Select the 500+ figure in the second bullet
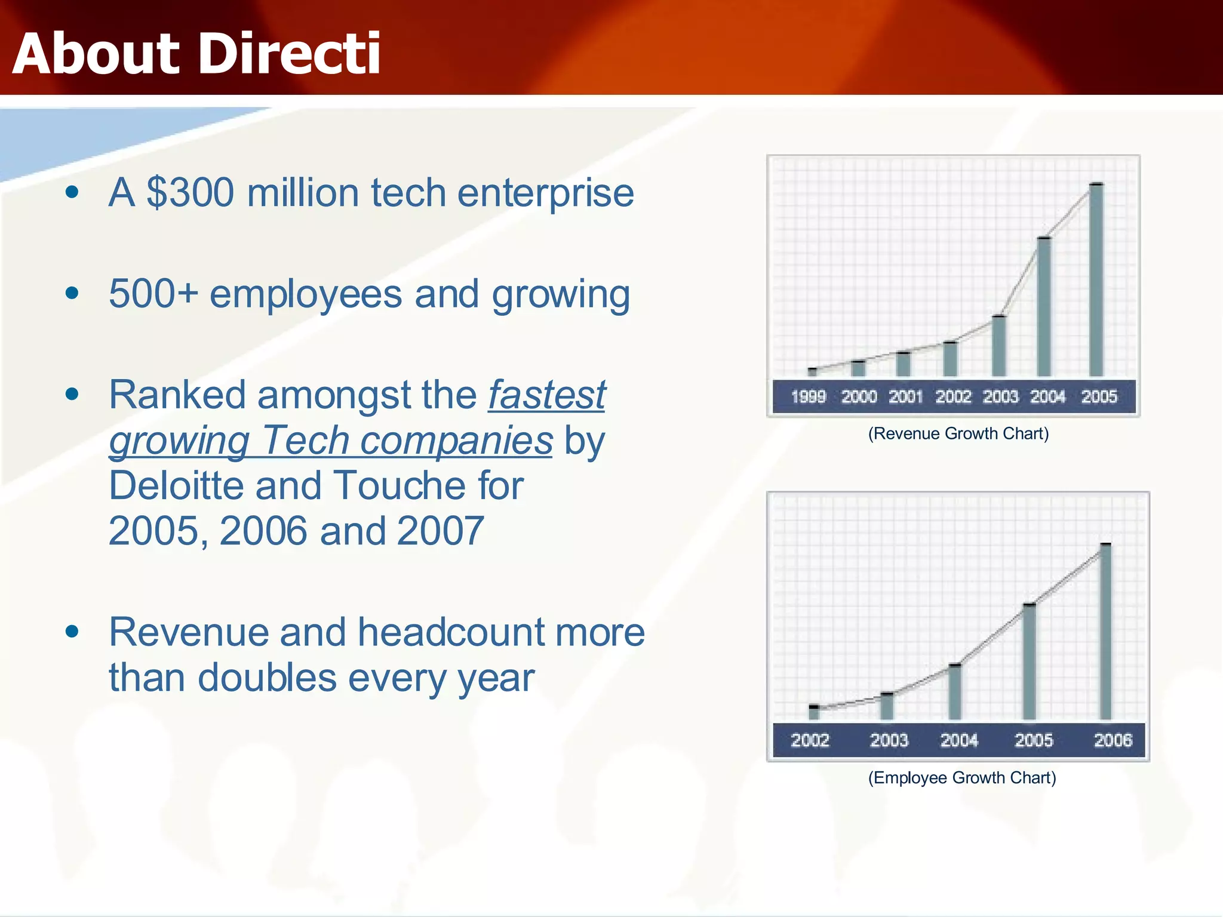pyautogui.click(x=153, y=294)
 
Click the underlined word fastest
pyautogui.click(x=546, y=395)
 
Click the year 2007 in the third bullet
pyautogui.click(x=440, y=531)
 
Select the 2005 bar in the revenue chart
pyautogui.click(x=1096, y=281)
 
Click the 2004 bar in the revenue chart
pyautogui.click(x=1044, y=307)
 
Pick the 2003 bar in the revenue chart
pyautogui.click(x=998, y=346)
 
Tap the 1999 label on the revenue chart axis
pyautogui.click(x=808, y=397)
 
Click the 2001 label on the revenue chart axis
pyautogui.click(x=905, y=397)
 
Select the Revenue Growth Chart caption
pyautogui.click(x=958, y=433)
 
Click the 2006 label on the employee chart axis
pyautogui.click(x=1113, y=741)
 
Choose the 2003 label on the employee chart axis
pyautogui.click(x=889, y=741)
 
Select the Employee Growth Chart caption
pyautogui.click(x=961, y=778)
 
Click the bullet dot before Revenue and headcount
pyautogui.click(x=72, y=632)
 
